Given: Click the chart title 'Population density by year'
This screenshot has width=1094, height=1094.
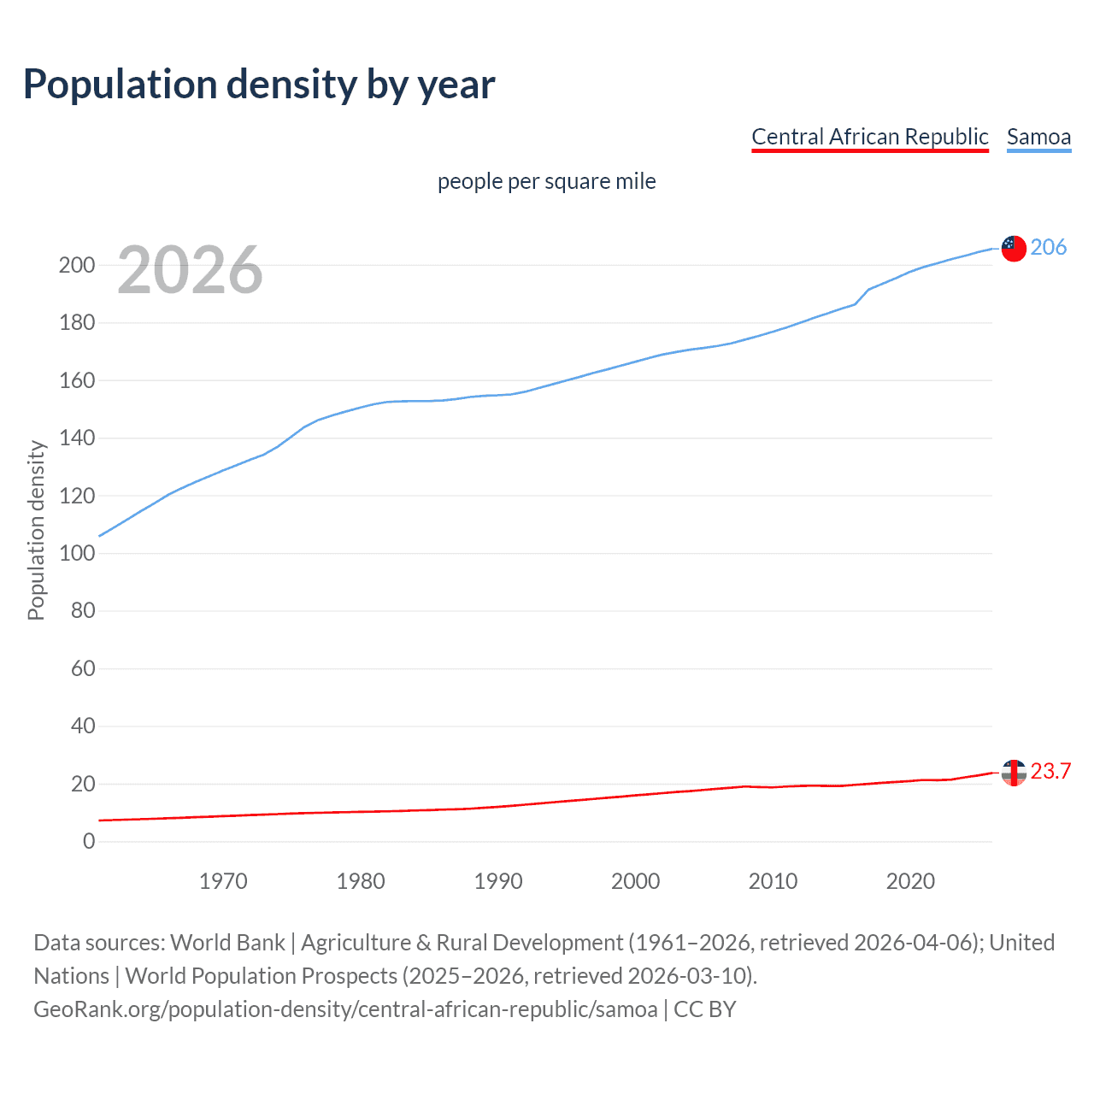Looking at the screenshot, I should (x=259, y=85).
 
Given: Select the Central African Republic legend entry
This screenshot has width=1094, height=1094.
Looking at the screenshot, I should (x=869, y=137).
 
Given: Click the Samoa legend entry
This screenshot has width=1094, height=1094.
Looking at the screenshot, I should (x=1038, y=137).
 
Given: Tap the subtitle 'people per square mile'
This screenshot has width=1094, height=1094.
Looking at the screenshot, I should (x=546, y=181).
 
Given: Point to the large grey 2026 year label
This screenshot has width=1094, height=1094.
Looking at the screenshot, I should (x=190, y=270).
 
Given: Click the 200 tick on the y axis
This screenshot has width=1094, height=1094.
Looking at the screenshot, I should (x=77, y=265).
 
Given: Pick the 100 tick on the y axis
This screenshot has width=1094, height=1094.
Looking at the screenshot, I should (x=77, y=553).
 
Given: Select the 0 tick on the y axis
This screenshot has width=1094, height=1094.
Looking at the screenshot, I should (x=89, y=841).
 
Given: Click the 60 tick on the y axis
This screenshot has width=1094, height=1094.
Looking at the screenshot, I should (x=83, y=668).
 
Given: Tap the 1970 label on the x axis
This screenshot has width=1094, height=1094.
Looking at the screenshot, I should (x=223, y=881).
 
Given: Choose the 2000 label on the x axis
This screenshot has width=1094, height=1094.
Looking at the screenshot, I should (x=635, y=881).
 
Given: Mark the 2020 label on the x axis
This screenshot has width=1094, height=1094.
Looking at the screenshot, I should (x=910, y=881).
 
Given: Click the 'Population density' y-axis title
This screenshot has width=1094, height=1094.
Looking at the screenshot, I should (x=36, y=530).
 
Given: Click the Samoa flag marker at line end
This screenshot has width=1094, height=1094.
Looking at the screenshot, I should (x=1013, y=248).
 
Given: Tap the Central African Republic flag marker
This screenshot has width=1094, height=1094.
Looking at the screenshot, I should (x=1013, y=772).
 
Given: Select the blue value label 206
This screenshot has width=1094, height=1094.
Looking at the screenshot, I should (x=1048, y=248).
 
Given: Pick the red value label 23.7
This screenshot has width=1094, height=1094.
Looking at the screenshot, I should (x=1050, y=772).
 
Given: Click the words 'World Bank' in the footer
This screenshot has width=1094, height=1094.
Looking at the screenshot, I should (x=227, y=943).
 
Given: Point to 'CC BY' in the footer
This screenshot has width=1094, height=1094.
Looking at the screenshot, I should (x=704, y=1009).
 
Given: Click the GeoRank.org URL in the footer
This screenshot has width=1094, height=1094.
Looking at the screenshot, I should (x=345, y=1009).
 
